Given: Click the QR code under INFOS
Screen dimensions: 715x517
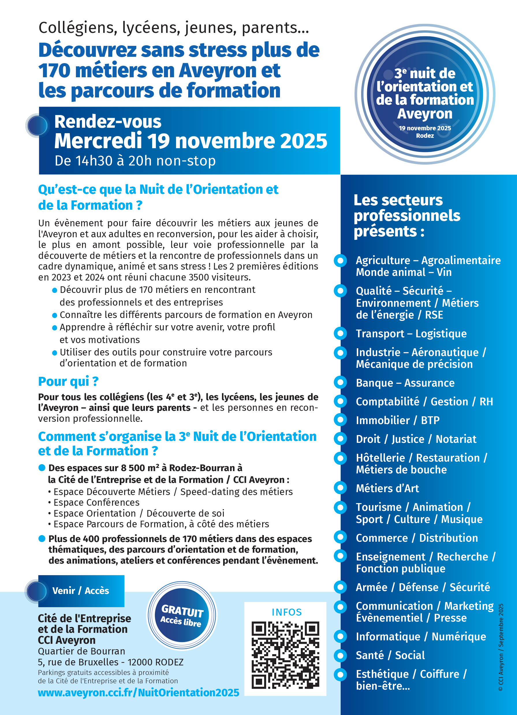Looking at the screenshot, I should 285,655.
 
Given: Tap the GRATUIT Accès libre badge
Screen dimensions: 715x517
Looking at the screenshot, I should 182,615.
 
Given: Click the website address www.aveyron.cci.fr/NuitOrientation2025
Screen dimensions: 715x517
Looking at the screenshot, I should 139,693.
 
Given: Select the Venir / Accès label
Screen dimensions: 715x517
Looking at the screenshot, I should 81,590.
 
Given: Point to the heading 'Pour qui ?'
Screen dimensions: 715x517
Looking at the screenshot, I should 68,381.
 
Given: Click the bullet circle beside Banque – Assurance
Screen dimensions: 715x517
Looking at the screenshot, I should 340,382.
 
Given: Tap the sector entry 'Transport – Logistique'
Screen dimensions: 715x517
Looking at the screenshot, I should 411,334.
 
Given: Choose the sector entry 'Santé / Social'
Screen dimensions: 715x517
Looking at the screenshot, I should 390,655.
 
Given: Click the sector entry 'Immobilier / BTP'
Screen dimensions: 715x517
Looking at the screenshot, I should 397,420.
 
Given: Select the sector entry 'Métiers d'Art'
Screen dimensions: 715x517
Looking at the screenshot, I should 387,488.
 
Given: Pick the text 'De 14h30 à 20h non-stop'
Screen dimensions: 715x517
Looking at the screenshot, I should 135,161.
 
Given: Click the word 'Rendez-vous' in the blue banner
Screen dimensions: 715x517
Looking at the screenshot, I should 108,122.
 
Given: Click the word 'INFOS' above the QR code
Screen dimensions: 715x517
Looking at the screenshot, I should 287,612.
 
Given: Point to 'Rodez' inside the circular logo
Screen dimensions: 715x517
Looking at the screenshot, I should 425,136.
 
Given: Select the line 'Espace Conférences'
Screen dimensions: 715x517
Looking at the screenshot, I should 96,502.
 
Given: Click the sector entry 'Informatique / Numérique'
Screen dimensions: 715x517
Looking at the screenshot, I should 421,637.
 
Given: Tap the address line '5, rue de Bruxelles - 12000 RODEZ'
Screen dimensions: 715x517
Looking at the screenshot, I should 111,662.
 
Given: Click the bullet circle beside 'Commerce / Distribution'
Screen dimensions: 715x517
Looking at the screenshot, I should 340,537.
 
